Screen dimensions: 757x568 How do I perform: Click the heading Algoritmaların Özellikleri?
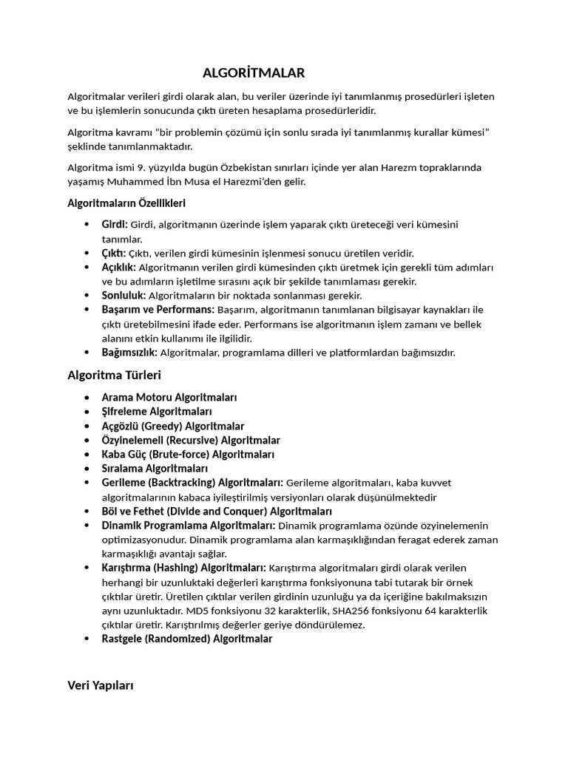[126, 203]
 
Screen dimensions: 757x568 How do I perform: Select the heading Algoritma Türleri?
[114, 375]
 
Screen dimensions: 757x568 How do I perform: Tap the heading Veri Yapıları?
[101, 685]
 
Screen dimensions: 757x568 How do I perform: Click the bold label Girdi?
[115, 224]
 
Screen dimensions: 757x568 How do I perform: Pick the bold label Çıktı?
[114, 253]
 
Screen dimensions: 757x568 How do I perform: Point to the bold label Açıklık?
[118, 267]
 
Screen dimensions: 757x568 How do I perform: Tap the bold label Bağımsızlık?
[129, 353]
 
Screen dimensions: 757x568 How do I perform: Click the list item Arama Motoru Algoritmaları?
[169, 398]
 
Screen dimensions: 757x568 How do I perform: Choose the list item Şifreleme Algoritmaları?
[157, 412]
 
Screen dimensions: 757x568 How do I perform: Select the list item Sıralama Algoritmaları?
[155, 469]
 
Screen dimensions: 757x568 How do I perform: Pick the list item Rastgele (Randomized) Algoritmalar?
[187, 639]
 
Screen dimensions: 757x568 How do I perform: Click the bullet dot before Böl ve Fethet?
[88, 512]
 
